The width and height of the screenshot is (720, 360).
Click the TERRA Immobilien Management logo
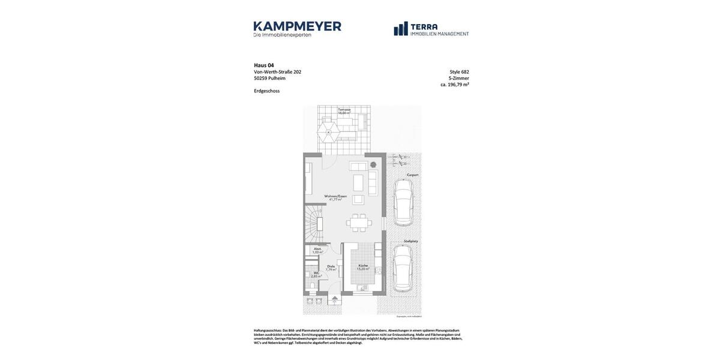click(x=431, y=29)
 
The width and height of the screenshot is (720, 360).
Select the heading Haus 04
click(x=264, y=65)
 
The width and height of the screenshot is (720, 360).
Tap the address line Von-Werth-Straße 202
click(x=278, y=72)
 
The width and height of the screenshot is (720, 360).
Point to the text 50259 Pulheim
click(x=269, y=79)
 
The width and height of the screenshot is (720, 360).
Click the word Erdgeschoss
click(x=266, y=91)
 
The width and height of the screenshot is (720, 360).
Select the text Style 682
click(x=459, y=72)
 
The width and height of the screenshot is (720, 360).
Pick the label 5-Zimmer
click(x=458, y=79)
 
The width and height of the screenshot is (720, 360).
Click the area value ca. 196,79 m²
click(x=454, y=85)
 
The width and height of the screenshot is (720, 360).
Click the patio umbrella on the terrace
click(x=328, y=130)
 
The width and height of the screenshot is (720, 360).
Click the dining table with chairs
click(x=359, y=223)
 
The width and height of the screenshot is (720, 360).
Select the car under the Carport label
click(x=403, y=202)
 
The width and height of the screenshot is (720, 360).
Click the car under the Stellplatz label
click(x=403, y=268)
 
